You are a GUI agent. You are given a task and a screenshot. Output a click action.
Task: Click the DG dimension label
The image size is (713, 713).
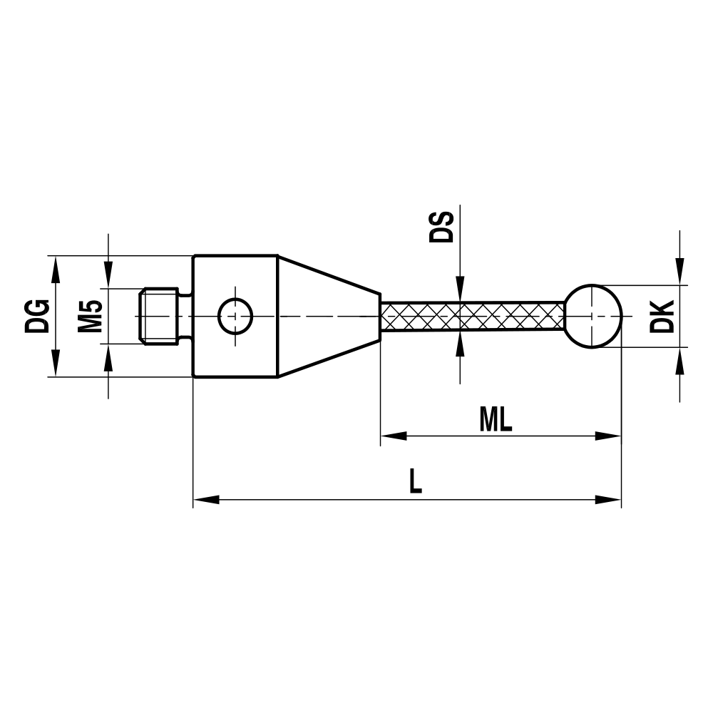37,316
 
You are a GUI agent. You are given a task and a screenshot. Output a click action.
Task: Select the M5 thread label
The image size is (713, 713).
90,316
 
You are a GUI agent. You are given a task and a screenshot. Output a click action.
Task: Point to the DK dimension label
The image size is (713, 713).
662,317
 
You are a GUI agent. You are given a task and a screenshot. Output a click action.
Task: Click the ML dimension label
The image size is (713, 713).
496,419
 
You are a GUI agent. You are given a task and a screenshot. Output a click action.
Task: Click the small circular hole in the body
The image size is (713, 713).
235,316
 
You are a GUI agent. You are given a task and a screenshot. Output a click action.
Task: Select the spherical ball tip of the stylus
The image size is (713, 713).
594,316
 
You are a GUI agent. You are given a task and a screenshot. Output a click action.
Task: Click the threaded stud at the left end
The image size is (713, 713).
158,316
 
